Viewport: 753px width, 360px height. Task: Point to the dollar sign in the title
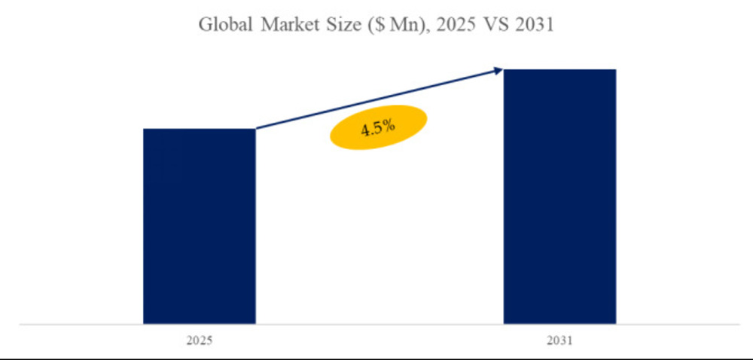coord(374,26)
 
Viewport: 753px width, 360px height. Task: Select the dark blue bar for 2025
coord(199,226)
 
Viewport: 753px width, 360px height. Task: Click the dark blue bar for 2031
coord(559,196)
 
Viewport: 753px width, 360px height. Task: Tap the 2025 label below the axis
coord(199,341)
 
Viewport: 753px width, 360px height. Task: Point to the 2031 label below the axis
coord(559,341)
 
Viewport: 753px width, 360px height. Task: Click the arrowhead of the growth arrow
coord(498,71)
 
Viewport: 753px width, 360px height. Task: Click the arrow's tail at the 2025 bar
coord(258,128)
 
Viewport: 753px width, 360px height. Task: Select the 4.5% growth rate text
coord(377,128)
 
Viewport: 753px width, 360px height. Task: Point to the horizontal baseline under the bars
coord(376,325)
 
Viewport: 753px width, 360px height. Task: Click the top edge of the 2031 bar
coord(559,70)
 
